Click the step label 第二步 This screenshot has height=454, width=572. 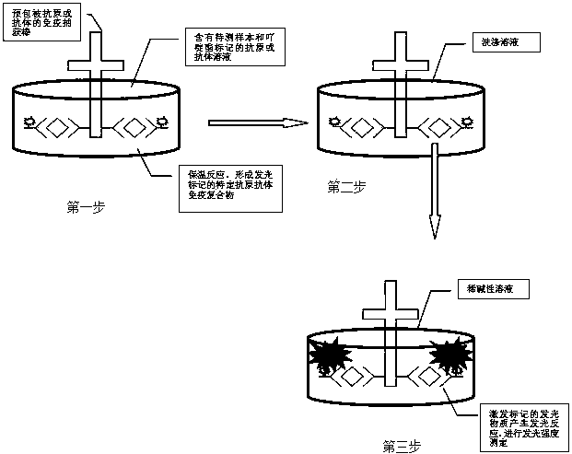(346, 187)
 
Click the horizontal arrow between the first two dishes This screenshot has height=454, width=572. (257, 122)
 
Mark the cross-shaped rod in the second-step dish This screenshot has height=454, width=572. (398, 83)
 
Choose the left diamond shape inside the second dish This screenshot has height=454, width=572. (359, 122)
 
